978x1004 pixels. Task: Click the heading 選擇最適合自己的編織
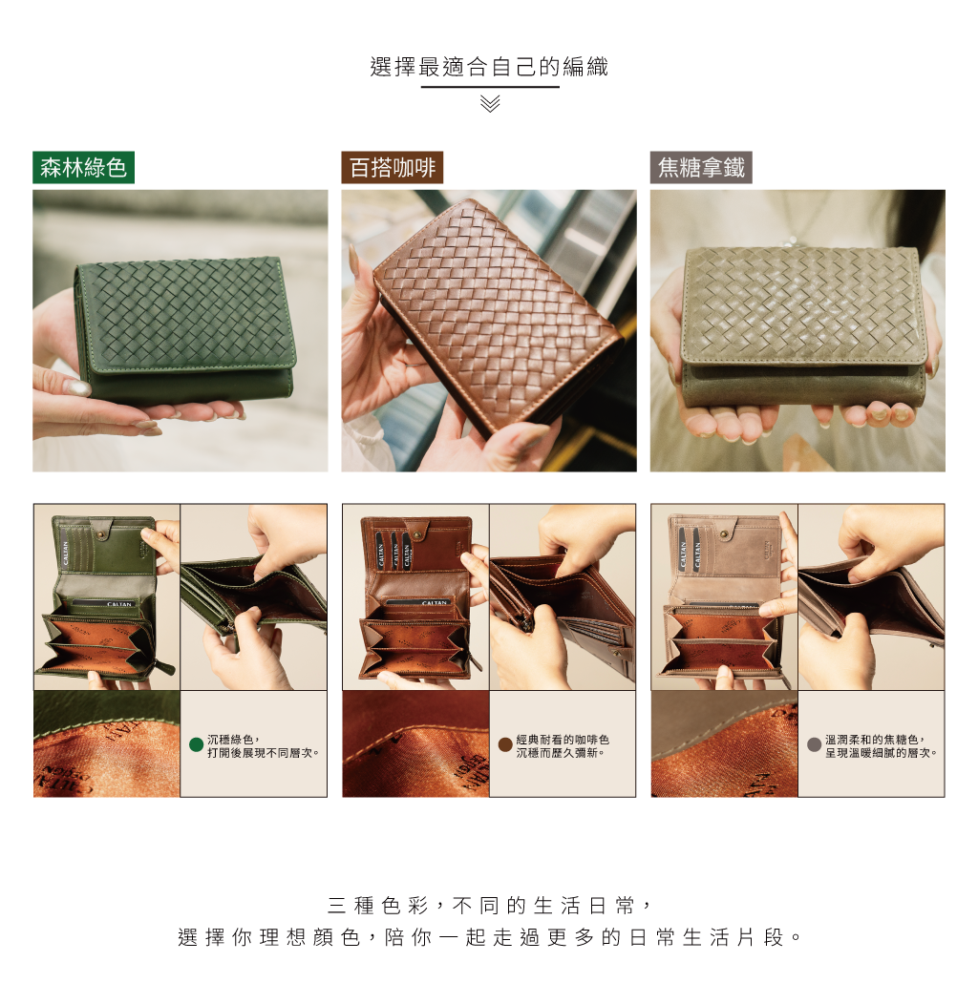489,67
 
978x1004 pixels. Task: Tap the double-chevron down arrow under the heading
490,103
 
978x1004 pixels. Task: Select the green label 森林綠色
83,168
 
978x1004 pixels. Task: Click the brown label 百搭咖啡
393,168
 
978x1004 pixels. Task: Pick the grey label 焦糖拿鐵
701,168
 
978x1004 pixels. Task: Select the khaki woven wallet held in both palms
804,326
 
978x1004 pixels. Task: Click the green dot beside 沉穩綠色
197,744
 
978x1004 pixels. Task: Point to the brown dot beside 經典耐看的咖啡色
505,744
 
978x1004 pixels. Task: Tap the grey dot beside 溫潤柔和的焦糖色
814,744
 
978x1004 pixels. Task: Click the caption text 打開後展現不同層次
263,753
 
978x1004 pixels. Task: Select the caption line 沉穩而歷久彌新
560,753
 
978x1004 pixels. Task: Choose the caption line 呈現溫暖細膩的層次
882,753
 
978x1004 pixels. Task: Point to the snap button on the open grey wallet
724,533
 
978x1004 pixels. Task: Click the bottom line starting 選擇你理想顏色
490,937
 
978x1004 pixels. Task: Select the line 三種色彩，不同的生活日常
490,906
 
